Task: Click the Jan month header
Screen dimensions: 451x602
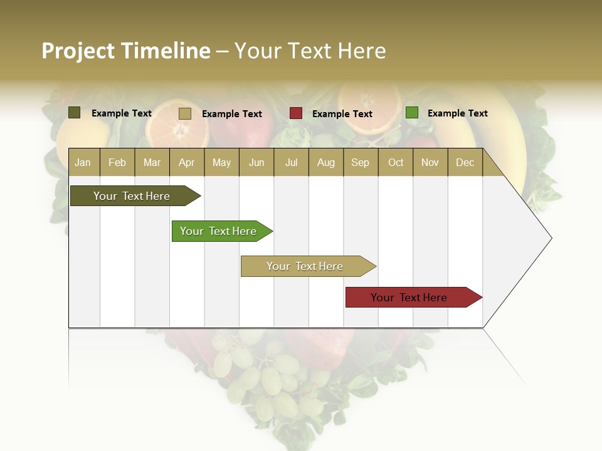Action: click(83, 162)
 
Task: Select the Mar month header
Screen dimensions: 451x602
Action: click(152, 162)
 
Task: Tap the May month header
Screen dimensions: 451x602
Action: click(221, 162)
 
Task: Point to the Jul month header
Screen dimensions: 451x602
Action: click(291, 162)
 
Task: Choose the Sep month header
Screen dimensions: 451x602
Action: click(360, 162)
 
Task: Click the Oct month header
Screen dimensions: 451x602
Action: click(396, 162)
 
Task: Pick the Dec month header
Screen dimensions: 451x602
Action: click(465, 162)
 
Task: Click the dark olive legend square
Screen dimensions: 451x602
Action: click(74, 113)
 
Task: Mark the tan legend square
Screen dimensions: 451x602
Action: click(184, 113)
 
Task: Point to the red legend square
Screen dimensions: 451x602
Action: click(295, 113)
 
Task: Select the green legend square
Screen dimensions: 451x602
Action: click(411, 113)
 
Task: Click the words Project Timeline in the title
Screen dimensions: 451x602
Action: click(125, 51)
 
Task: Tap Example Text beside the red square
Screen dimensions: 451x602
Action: click(342, 114)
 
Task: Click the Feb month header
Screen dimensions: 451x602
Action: click(117, 162)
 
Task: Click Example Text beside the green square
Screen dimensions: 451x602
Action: click(457, 113)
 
